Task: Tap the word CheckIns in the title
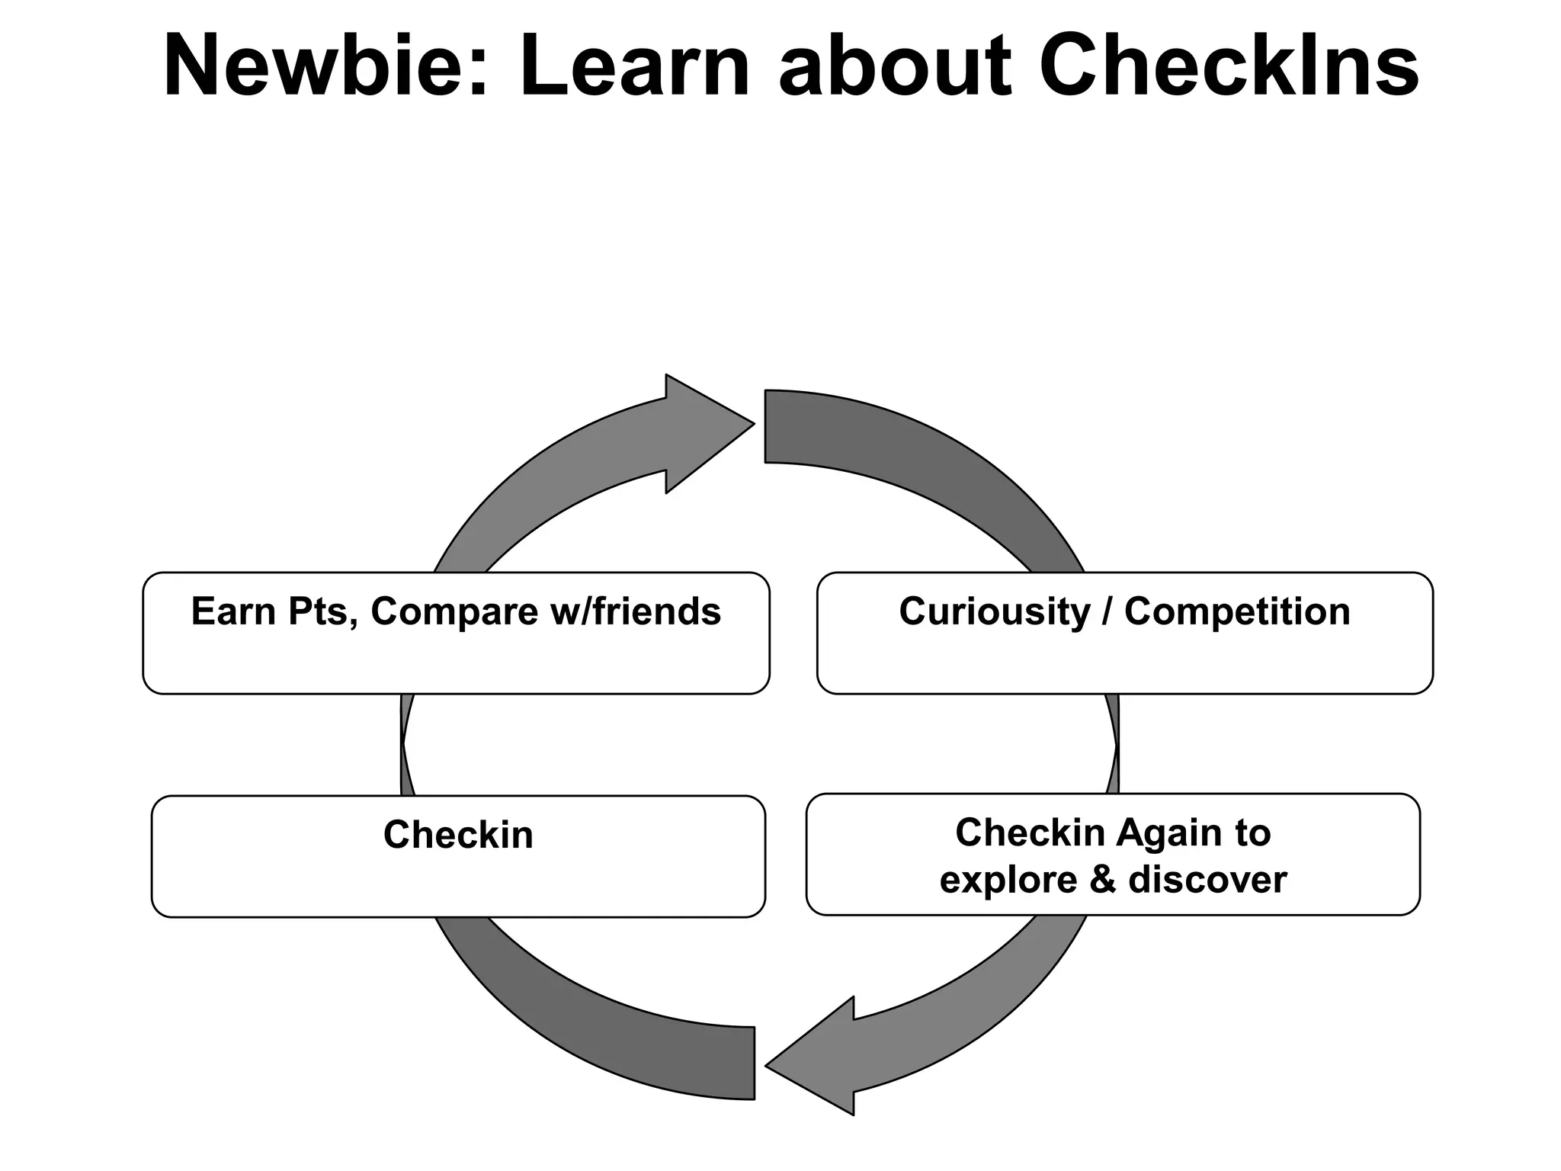tap(1228, 67)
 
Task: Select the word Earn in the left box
tap(233, 611)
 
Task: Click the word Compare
tap(454, 611)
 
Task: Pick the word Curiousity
tap(995, 611)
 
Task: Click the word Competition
tap(1236, 611)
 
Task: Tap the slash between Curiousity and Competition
tap(1107, 611)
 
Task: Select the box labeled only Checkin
tap(458, 855)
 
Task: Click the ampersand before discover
tap(1102, 879)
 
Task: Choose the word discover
tap(1207, 879)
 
